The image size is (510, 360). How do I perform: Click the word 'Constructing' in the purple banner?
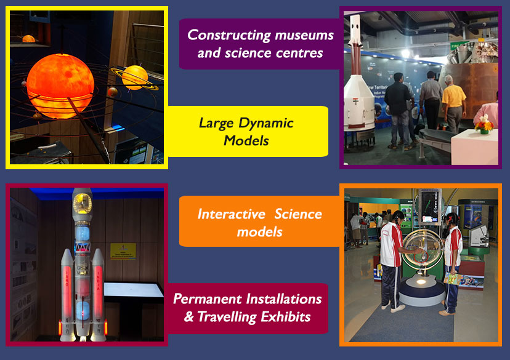tap(229, 36)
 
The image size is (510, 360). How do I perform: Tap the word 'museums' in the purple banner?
tap(304, 35)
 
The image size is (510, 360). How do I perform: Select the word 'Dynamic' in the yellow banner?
tap(265, 124)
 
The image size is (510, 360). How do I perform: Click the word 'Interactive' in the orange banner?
tap(231, 214)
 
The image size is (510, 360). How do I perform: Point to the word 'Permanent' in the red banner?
tap(207, 299)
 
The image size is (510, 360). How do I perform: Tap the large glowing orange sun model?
tap(60, 86)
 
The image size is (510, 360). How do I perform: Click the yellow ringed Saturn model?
tap(135, 78)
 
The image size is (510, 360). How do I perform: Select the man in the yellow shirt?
tap(454, 104)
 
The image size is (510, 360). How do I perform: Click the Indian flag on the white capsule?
tap(355, 100)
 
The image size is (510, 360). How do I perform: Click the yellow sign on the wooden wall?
tap(123, 251)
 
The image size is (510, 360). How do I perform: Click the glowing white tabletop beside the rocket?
tap(134, 290)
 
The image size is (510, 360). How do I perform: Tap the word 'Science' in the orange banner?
tap(298, 214)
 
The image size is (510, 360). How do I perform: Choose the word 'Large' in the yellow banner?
tap(216, 124)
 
